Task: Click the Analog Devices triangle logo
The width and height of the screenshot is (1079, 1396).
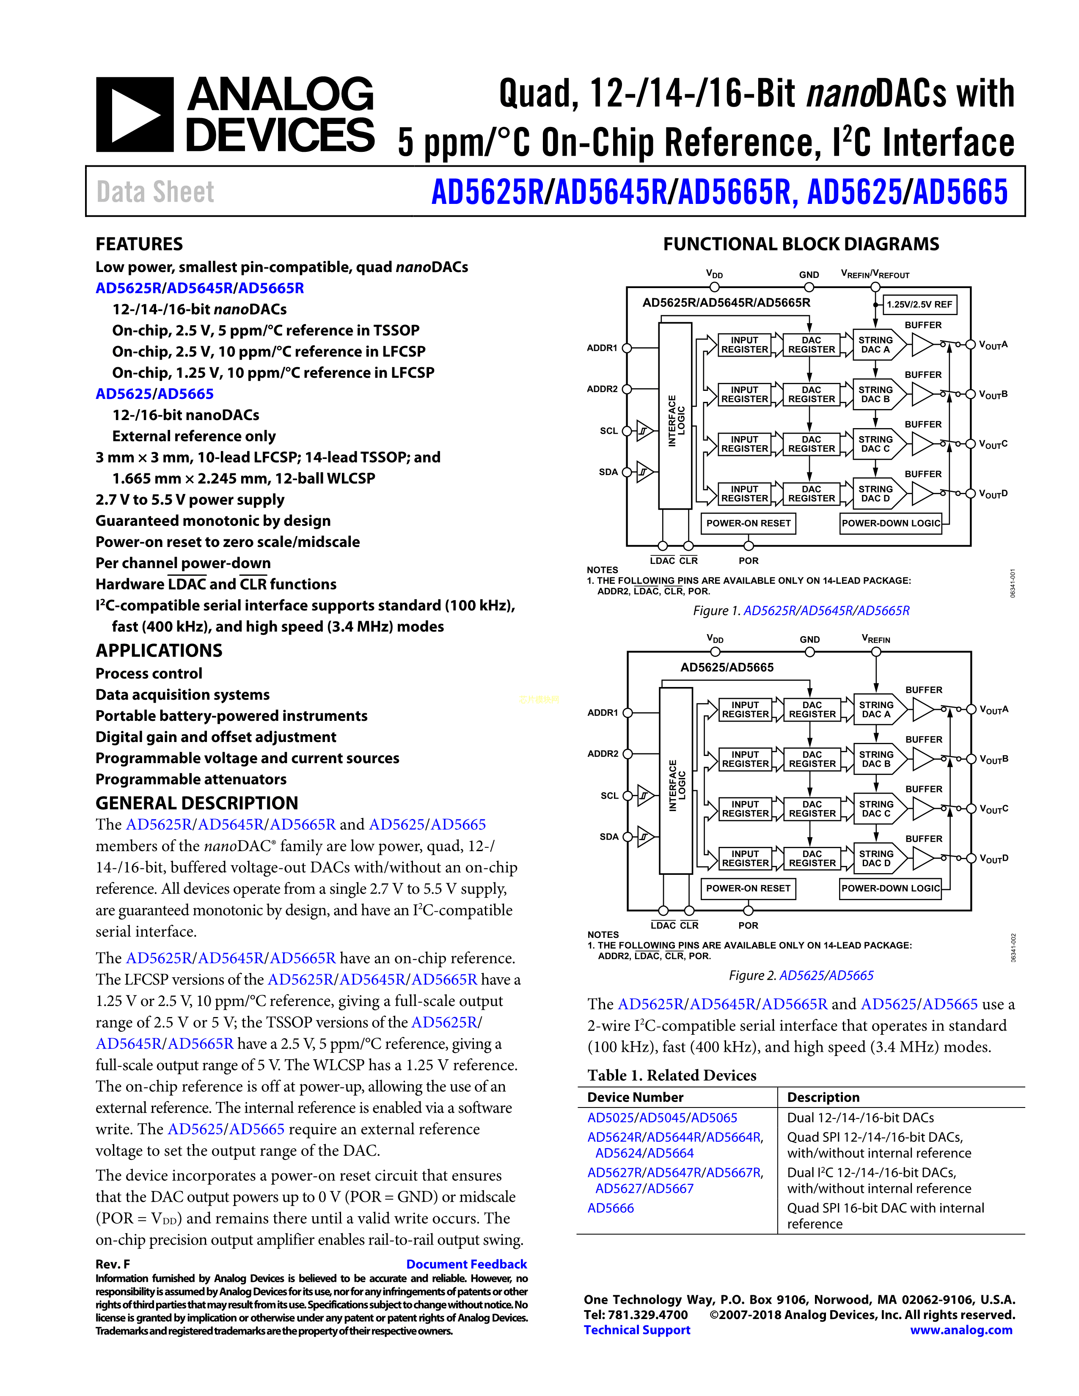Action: (x=134, y=115)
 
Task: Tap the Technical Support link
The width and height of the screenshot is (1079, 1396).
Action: (x=637, y=1330)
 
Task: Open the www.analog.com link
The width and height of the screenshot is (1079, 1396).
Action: (x=961, y=1330)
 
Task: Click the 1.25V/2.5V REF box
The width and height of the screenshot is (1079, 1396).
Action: (x=919, y=304)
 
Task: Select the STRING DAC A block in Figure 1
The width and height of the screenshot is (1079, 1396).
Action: (x=876, y=345)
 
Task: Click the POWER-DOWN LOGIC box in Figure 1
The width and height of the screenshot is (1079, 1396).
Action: (x=890, y=523)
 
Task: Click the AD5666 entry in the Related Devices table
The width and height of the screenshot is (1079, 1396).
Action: (x=611, y=1208)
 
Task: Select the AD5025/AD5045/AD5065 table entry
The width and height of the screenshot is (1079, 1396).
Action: (x=662, y=1118)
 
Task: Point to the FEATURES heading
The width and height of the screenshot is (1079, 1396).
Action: (x=139, y=244)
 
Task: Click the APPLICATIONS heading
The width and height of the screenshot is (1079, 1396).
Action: (x=159, y=651)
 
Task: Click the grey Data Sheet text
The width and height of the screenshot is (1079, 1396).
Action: (x=155, y=192)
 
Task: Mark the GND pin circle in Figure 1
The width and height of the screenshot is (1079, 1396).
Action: (x=809, y=287)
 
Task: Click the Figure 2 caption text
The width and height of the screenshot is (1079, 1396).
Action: (x=801, y=976)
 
